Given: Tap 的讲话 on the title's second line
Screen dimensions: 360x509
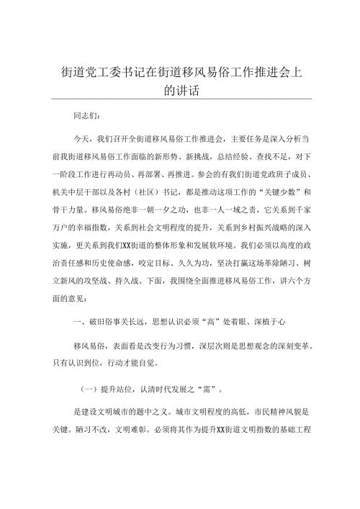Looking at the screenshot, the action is tap(180, 91).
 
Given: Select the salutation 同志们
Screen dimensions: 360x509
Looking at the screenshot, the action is tap(87, 116).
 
